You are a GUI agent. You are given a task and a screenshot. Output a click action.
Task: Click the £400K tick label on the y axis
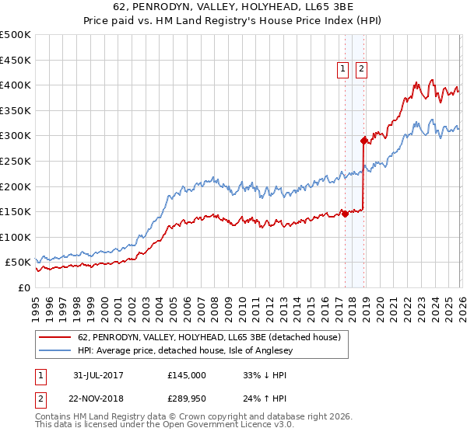coord(16,85)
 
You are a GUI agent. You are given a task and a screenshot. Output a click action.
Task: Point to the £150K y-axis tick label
coord(16,211)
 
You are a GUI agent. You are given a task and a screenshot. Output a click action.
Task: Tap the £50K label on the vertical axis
coord(18,263)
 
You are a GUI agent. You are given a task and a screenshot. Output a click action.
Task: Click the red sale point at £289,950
coord(363,141)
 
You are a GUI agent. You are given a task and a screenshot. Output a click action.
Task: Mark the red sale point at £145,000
coord(345,214)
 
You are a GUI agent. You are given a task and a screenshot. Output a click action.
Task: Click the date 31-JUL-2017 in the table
coord(97,375)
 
